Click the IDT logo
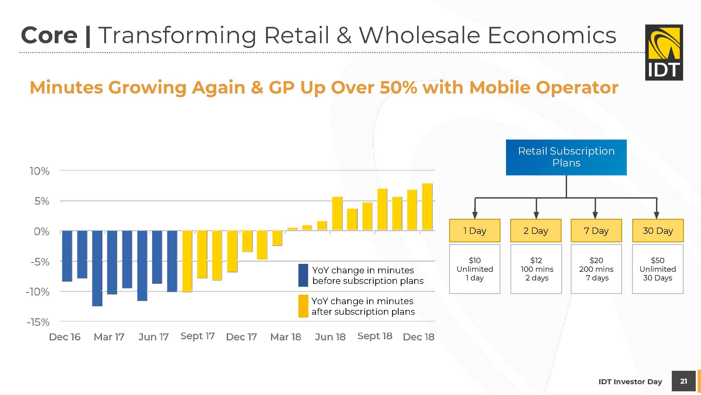(664, 52)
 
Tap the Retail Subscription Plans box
(566, 157)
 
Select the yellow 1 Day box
(475, 230)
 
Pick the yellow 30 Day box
(658, 230)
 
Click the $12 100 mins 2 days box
(536, 269)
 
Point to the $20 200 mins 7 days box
(596, 269)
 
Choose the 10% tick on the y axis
(40, 171)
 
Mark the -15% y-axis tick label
(38, 322)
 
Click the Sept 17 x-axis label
(198, 336)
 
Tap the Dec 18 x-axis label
(418, 337)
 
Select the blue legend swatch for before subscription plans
(303, 275)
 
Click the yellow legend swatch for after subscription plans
(303, 306)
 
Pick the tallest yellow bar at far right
(427, 207)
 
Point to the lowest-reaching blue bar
(97, 268)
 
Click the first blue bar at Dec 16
(67, 256)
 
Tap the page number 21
(683, 381)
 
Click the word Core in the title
(49, 35)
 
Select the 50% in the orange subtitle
(398, 87)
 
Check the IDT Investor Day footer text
(630, 382)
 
